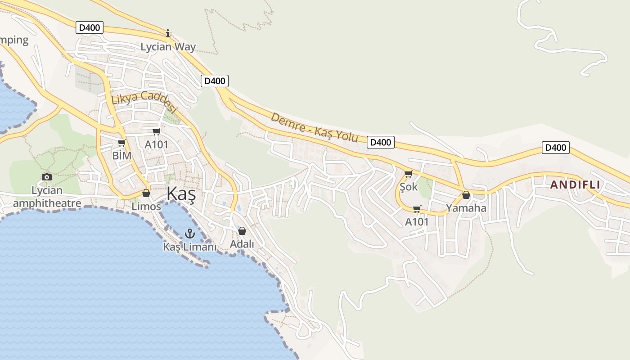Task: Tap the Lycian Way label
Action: point(168,47)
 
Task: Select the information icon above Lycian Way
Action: point(168,33)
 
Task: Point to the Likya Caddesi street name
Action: point(144,102)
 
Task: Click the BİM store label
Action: point(122,156)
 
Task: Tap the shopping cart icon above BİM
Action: point(121,143)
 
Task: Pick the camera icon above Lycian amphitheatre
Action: point(46,177)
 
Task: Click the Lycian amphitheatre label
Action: point(47,197)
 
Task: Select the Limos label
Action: point(146,207)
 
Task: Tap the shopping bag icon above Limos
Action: point(146,193)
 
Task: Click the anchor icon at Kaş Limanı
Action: point(189,234)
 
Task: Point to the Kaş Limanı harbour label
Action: point(189,247)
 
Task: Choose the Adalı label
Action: point(242,244)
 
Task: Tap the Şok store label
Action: point(409,187)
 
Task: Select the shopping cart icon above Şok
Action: point(408,174)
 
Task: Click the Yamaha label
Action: point(466,208)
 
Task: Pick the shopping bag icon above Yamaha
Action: point(466,195)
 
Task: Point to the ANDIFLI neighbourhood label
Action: point(575,184)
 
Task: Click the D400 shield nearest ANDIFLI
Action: point(555,148)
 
